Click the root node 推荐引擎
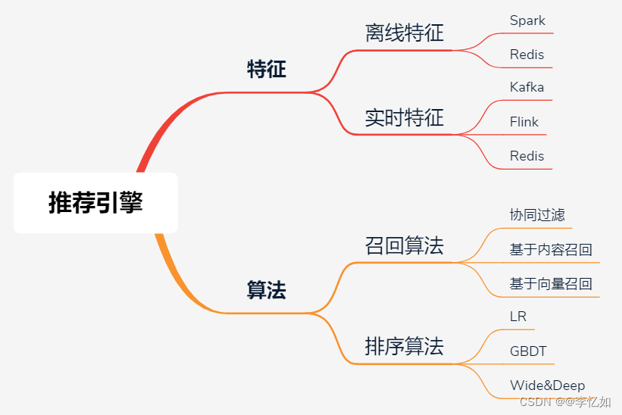(95, 202)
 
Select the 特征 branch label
(267, 70)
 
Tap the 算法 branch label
(267, 290)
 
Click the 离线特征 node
(404, 33)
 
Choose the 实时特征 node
(404, 117)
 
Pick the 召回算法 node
(404, 245)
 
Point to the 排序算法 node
(404, 347)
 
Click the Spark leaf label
(527, 20)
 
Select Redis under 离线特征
(527, 55)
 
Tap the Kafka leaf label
(527, 87)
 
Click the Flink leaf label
(524, 122)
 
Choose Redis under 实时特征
(527, 156)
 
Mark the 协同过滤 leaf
(537, 215)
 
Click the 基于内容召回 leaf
(551, 250)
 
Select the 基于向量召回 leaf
(551, 285)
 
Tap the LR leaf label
(518, 317)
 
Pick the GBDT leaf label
(528, 351)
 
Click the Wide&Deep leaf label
(547, 385)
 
